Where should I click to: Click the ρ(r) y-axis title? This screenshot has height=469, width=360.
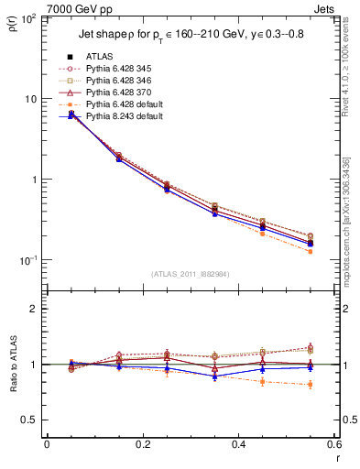tap(12, 28)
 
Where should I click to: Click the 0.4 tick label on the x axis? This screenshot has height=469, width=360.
tap(239, 444)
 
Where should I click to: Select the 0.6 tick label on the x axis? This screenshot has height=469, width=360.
tap(333, 444)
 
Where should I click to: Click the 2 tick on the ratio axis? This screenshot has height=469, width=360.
tap(35, 309)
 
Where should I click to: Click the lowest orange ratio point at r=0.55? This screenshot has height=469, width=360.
tap(311, 384)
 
